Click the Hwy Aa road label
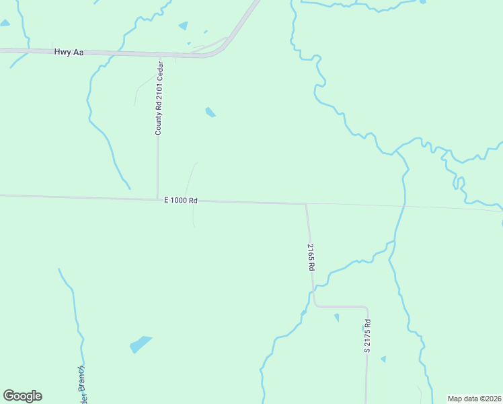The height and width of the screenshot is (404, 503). (69, 52)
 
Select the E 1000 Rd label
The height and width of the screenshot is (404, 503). (180, 200)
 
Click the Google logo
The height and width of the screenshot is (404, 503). (22, 396)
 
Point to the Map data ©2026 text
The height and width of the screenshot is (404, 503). (474, 398)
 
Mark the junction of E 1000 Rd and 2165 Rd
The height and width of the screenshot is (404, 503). (306, 203)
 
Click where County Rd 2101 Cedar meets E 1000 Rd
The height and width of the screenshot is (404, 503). (158, 199)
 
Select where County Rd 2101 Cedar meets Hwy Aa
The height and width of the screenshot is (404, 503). (160, 55)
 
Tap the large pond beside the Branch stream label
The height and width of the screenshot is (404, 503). (141, 344)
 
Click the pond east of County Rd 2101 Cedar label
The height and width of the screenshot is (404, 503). (210, 112)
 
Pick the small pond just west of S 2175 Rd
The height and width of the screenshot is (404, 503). (336, 317)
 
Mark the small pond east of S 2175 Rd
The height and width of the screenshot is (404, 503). (383, 359)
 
